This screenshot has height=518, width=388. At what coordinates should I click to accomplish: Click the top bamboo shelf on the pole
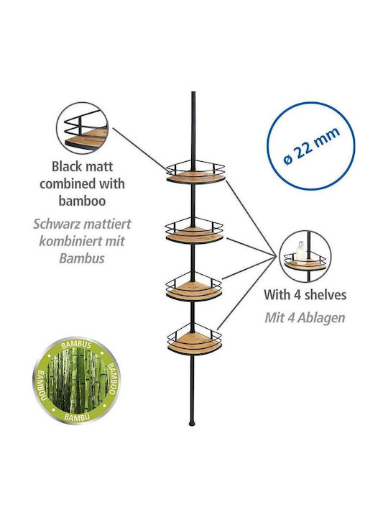pyautogui.click(x=195, y=172)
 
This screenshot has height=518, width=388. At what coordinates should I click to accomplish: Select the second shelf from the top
pyautogui.click(x=194, y=231)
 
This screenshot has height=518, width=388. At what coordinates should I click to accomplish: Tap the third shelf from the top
pyautogui.click(x=194, y=287)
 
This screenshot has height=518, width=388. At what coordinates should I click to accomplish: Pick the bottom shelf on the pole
pyautogui.click(x=194, y=340)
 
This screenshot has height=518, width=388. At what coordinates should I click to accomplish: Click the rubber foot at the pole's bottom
pyautogui.click(x=191, y=423)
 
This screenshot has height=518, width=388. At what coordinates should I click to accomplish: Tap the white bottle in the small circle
pyautogui.click(x=300, y=251)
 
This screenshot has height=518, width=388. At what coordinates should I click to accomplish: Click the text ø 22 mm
pyautogui.click(x=311, y=145)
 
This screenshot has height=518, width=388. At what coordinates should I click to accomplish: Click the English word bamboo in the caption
pyautogui.click(x=82, y=201)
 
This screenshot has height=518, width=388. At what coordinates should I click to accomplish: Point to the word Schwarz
pyautogui.click(x=54, y=224)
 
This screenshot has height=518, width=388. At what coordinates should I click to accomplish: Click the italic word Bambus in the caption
pyautogui.click(x=82, y=258)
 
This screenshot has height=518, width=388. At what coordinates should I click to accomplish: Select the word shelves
pyautogui.click(x=325, y=295)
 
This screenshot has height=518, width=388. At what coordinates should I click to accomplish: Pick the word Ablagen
pyautogui.click(x=320, y=318)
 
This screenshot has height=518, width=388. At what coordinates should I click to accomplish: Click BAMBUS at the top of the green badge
pyautogui.click(x=76, y=345)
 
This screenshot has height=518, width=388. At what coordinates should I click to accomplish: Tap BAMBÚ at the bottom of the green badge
pyautogui.click(x=77, y=417)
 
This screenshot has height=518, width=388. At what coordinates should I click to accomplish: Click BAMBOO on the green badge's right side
pyautogui.click(x=111, y=378)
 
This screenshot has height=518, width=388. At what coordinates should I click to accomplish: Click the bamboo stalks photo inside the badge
pyautogui.click(x=77, y=381)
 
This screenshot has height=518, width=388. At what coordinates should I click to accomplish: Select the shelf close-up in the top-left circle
pyautogui.click(x=82, y=128)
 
